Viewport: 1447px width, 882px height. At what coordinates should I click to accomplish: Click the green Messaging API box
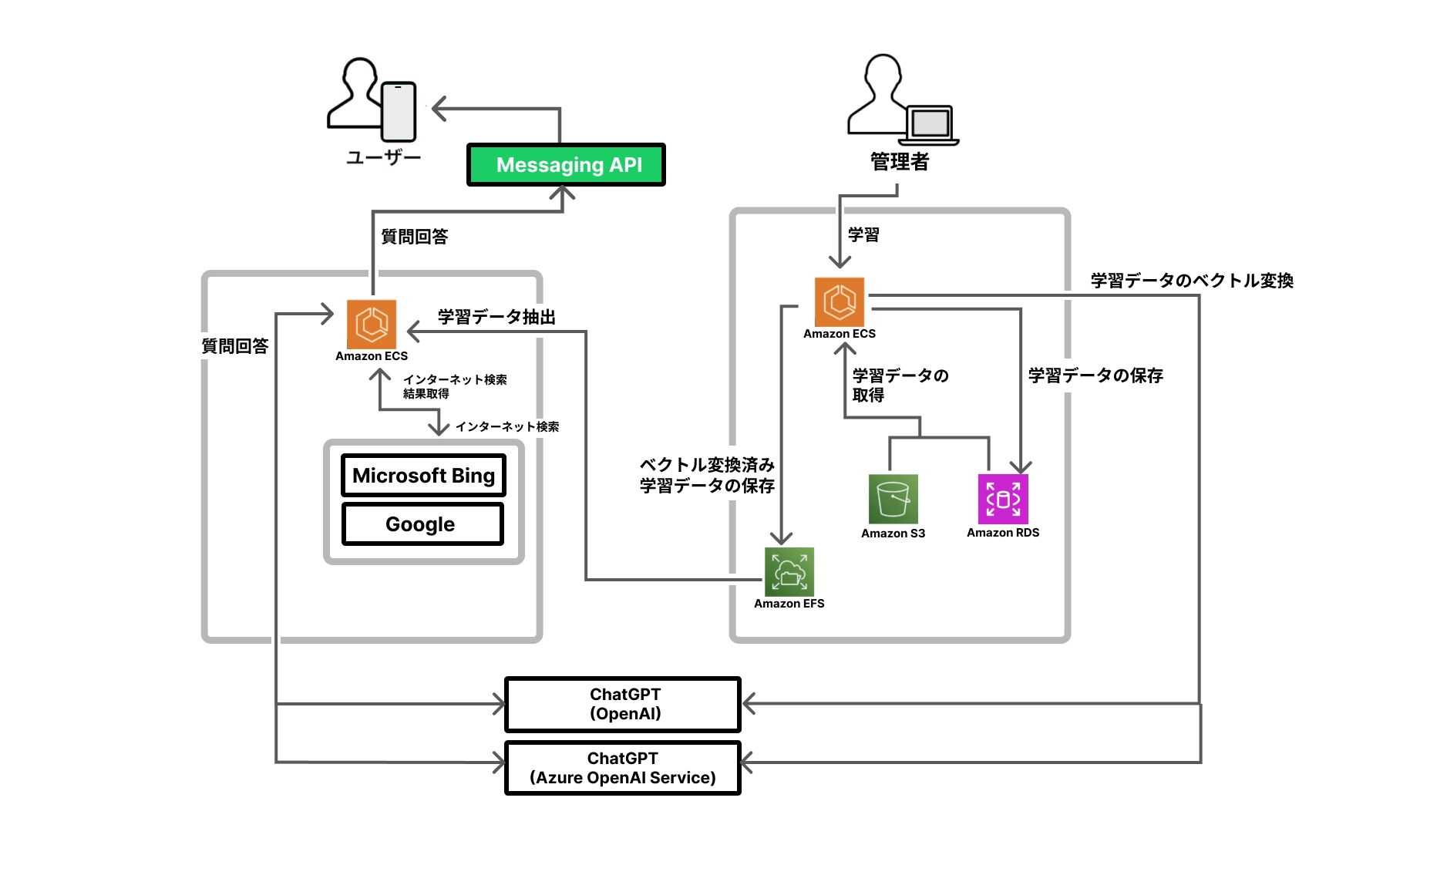pos(566,164)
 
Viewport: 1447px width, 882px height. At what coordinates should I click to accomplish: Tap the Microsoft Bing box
pos(423,476)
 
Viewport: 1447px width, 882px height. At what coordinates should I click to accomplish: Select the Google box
pos(422,524)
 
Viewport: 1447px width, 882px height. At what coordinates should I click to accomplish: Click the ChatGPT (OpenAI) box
pos(623,704)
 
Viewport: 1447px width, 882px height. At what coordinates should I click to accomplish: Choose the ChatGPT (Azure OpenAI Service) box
pos(623,768)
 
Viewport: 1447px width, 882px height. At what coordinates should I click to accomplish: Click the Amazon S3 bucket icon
pos(893,499)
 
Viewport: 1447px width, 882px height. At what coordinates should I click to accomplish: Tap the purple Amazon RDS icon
pos(1002,499)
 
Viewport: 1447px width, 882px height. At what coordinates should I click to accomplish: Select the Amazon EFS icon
pos(789,572)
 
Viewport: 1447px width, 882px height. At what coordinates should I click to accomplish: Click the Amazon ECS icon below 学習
pos(839,302)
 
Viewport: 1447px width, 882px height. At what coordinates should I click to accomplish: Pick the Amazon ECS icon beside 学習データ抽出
pos(372,325)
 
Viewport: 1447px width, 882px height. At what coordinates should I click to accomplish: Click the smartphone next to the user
pos(399,112)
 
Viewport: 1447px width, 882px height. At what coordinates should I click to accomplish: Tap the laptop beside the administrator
pos(930,125)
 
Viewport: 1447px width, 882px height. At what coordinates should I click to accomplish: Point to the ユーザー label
pos(383,158)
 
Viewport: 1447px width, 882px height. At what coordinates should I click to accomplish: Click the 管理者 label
pos(899,162)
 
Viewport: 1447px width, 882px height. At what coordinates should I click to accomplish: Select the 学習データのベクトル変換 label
pos(1191,281)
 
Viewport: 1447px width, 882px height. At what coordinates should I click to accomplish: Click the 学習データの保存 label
pos(1095,375)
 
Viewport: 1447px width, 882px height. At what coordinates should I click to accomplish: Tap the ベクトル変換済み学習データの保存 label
pos(706,475)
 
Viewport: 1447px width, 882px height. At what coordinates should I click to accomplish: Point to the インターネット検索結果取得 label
pos(454,386)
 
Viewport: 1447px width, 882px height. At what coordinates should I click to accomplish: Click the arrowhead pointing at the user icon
pos(438,109)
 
